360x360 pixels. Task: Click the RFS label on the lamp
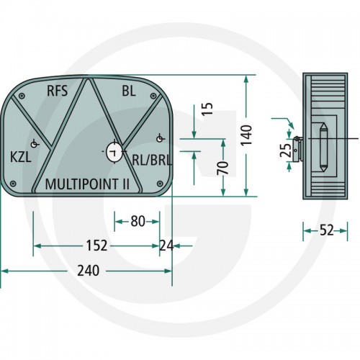[57, 91]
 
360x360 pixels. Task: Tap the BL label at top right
[129, 91]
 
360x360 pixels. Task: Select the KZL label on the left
[21, 158]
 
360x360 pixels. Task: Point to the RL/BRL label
[152, 160]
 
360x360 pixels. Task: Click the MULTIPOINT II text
[87, 184]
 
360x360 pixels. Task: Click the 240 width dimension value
[88, 271]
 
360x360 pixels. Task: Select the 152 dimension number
[96, 246]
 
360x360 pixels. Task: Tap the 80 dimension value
[138, 221]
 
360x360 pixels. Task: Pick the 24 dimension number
[166, 246]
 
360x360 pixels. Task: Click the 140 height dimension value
[246, 135]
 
